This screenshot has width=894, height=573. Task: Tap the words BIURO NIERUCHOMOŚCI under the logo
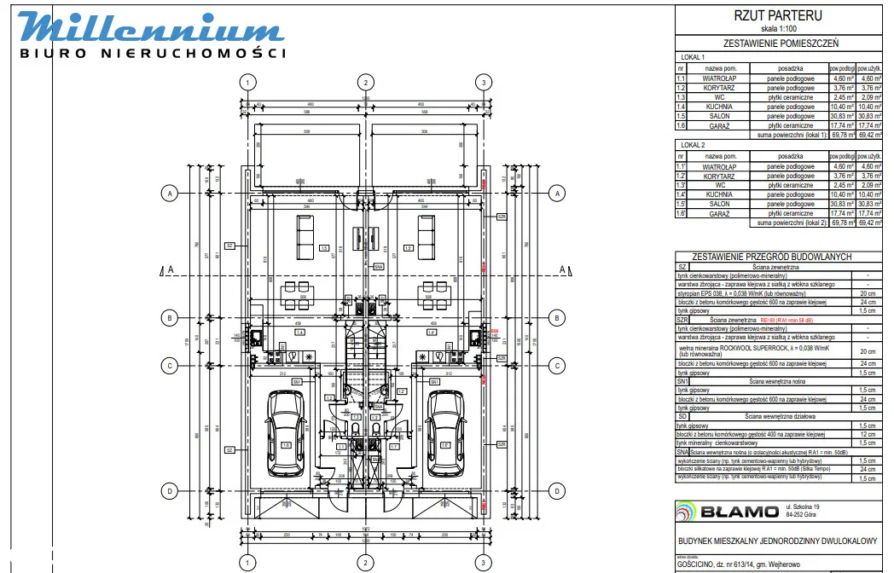coord(153,53)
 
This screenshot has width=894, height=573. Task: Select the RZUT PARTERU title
coord(766,15)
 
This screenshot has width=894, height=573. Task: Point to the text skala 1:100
coord(766,27)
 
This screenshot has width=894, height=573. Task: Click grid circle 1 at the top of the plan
coord(247,83)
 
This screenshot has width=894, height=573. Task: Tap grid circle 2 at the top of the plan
coord(366,83)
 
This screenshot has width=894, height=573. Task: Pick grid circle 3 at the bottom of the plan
coord(484,563)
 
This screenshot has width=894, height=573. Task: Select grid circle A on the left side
coord(171,194)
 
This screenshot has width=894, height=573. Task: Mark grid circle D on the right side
coord(556,491)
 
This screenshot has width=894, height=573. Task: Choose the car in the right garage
coord(444,425)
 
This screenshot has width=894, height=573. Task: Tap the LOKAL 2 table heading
coord(694,146)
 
